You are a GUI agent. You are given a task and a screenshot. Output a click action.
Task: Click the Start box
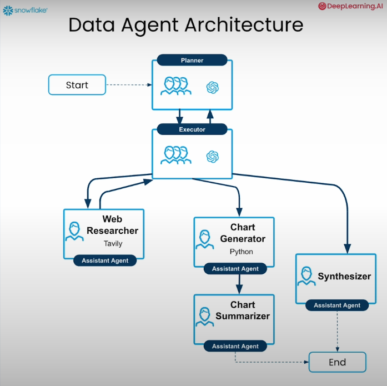point(77,85)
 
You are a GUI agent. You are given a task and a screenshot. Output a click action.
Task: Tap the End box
point(337,363)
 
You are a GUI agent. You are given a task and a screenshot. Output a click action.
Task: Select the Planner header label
point(192,60)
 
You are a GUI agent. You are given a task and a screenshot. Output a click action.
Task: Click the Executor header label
point(192,129)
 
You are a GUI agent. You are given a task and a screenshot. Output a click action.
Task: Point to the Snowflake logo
point(25,9)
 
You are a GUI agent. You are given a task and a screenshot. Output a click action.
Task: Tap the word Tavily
point(113,243)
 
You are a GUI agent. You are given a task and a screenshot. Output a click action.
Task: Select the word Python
point(241,252)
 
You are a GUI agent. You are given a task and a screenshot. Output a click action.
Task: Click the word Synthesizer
point(344,276)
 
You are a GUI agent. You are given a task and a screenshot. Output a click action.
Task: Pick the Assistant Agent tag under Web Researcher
point(105,260)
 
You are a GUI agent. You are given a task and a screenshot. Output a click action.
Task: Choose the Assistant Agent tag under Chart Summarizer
point(235,346)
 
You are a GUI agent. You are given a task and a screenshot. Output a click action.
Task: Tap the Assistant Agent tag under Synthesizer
point(337,305)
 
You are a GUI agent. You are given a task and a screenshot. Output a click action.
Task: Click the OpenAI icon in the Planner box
point(212,87)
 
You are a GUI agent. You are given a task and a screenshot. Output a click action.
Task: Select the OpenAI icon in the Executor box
point(212,157)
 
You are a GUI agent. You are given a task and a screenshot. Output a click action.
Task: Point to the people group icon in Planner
point(176,86)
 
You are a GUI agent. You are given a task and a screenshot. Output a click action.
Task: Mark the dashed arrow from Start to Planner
point(128,85)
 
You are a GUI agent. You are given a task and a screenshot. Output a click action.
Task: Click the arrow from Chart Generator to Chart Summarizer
point(239,284)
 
